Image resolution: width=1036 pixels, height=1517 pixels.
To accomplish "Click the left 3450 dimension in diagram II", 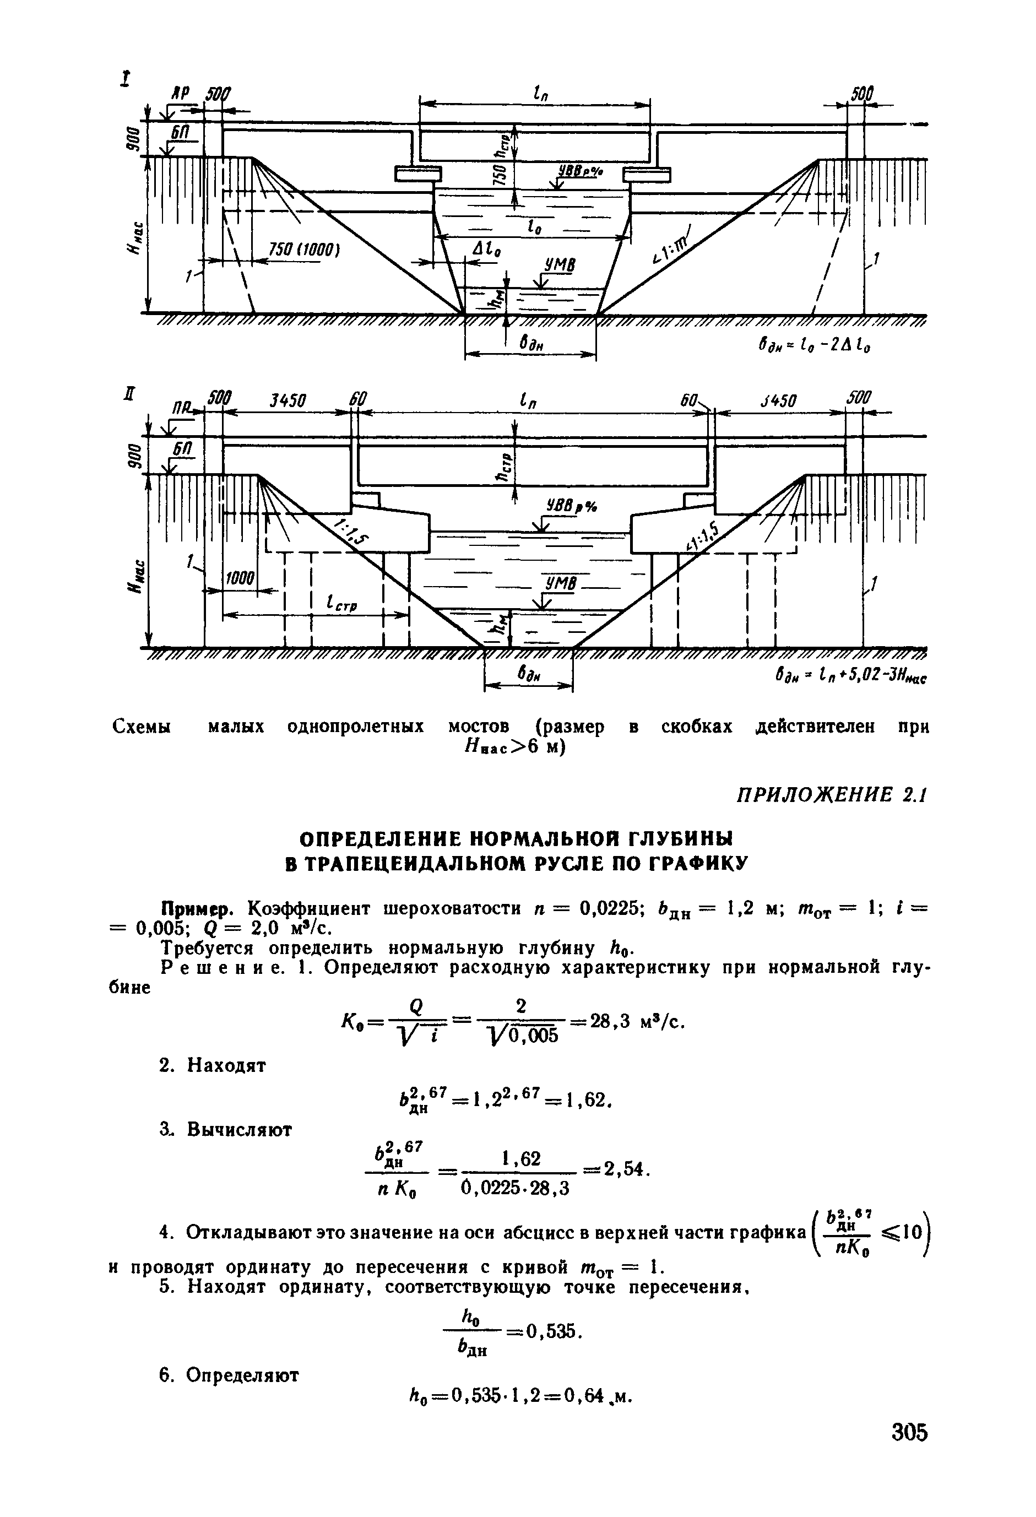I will pyautogui.click(x=288, y=400).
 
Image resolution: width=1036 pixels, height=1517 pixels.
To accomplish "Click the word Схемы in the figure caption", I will pyautogui.click(x=142, y=727).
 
